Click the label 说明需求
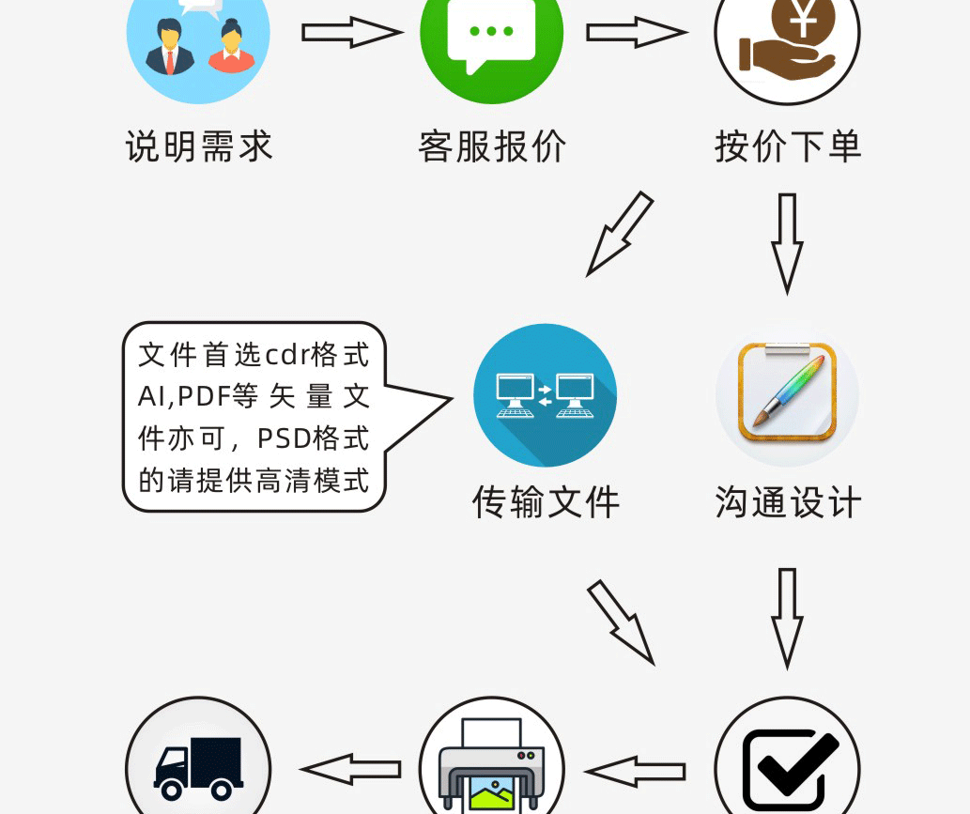198,147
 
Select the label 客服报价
492,147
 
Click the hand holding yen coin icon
787,38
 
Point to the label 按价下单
787,147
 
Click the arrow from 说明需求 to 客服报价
351,33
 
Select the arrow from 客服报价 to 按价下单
637,33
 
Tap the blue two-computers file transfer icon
545,395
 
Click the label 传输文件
546,503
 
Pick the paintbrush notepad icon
787,395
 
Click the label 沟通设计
787,503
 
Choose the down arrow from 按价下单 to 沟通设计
787,242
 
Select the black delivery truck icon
198,765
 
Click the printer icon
491,765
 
